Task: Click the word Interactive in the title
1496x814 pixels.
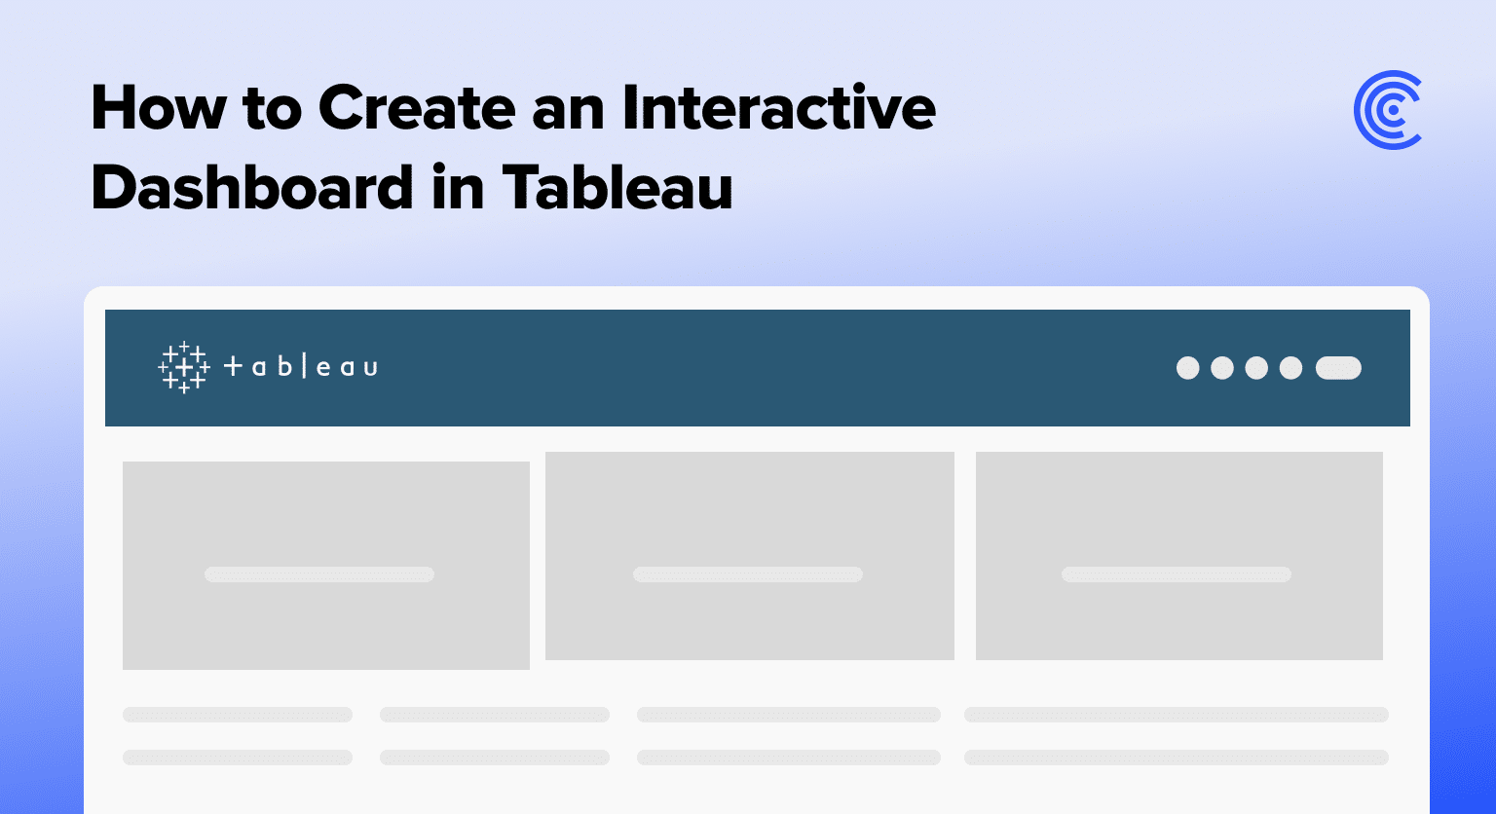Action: (779, 107)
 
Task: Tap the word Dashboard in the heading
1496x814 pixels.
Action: (252, 187)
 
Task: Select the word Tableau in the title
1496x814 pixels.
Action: (617, 187)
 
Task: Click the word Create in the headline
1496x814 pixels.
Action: (417, 107)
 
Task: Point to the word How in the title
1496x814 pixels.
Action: (159, 107)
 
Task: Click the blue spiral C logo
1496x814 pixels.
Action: (1388, 110)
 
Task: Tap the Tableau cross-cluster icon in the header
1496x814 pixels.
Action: (184, 367)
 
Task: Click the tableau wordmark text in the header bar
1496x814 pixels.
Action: (301, 367)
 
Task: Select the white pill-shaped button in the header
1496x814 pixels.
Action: (1338, 368)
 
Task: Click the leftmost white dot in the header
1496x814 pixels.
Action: (1187, 368)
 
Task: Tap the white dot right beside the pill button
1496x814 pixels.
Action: (1290, 368)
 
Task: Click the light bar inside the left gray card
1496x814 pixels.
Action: (319, 574)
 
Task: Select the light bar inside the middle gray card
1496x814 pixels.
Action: (748, 574)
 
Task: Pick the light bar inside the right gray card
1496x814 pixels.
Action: (1177, 574)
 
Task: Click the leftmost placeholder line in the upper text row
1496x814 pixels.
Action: (238, 715)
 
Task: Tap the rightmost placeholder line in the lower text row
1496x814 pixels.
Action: (1177, 758)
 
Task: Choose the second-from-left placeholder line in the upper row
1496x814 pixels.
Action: (495, 715)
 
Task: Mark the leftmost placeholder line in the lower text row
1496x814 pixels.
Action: (238, 758)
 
